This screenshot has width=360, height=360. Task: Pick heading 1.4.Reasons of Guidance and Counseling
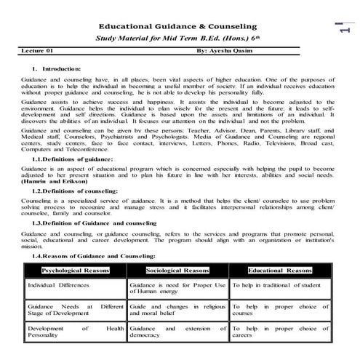click(94, 257)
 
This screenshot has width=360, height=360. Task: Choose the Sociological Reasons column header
click(178, 271)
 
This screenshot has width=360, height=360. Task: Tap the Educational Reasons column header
click(280, 271)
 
